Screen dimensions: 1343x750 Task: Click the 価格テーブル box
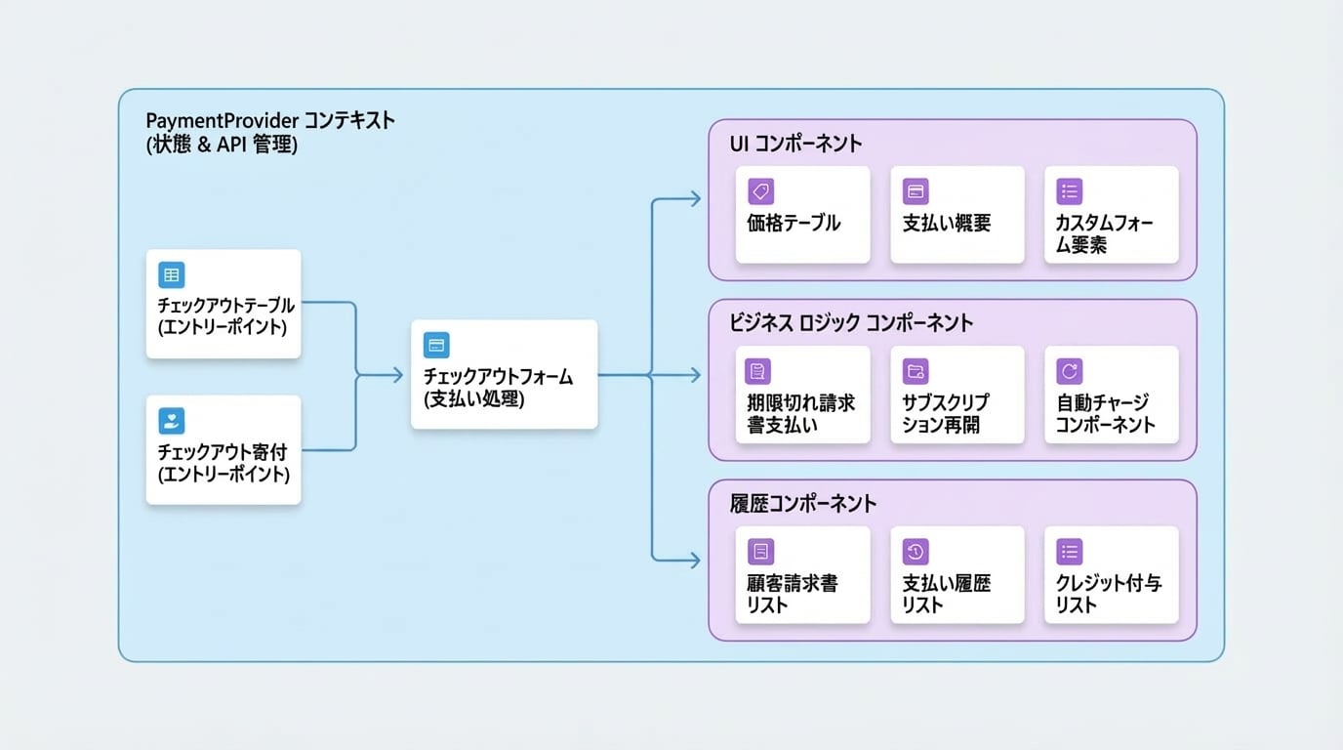[803, 214]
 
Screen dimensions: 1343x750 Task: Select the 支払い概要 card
[957, 214]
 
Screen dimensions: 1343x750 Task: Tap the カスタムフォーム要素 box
[1112, 214]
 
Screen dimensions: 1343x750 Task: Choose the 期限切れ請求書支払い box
[803, 395]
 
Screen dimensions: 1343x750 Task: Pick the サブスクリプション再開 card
[957, 395]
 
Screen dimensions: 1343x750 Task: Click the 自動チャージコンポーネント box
[1112, 395]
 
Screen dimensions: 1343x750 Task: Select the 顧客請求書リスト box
[803, 575]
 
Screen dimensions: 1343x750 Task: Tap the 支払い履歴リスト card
[957, 575]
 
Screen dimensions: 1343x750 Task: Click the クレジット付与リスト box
[1112, 575]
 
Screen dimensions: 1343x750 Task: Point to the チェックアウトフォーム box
[505, 374]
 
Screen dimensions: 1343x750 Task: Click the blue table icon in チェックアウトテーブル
[172, 275]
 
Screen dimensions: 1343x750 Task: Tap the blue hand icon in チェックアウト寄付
[172, 421]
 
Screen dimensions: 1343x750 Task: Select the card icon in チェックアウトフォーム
[436, 345]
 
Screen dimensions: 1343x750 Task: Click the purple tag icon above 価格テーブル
[761, 191]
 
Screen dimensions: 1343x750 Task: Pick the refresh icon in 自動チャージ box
[1070, 371]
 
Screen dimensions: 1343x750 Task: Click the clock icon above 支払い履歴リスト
[916, 552]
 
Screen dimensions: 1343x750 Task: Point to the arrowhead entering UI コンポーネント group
[696, 198]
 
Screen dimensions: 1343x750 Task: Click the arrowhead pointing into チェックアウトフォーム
[398, 376]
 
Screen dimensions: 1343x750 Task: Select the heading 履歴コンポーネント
[803, 503]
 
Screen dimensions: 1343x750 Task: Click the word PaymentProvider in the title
[223, 121]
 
